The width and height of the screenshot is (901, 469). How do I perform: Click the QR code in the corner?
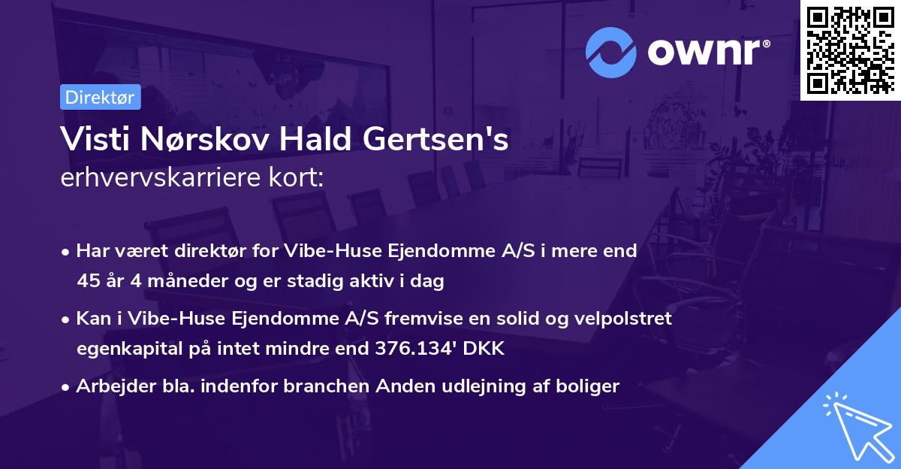click(x=851, y=50)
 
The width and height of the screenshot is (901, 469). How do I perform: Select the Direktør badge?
click(x=100, y=97)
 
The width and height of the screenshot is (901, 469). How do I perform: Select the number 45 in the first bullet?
click(x=88, y=282)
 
